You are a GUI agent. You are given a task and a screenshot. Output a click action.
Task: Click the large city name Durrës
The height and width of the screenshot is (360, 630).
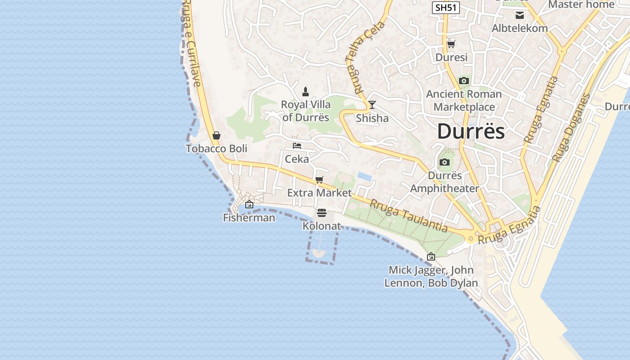[x=471, y=131]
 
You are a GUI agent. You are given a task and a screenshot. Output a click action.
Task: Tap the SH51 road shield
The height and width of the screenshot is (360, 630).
[x=445, y=8]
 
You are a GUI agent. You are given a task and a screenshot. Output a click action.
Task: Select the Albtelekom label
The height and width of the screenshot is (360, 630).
[x=519, y=28]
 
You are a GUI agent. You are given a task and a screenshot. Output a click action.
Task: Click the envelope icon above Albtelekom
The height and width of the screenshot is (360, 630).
[x=520, y=15]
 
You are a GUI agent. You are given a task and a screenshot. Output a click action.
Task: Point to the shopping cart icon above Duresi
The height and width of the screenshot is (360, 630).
[x=451, y=44]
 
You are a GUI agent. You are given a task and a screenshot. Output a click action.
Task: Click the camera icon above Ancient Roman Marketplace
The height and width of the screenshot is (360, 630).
[x=463, y=81]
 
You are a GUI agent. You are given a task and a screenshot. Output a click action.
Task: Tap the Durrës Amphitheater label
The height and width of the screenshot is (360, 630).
[x=444, y=182]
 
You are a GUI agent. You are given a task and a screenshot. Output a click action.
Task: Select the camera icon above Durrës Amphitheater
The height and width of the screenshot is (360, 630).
[x=444, y=162]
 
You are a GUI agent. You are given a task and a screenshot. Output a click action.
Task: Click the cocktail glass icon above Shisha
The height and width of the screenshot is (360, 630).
[x=372, y=105]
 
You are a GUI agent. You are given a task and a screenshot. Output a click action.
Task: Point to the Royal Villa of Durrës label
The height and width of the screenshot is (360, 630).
[x=306, y=111]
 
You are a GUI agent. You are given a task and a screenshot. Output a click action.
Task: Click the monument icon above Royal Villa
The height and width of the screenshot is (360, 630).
[x=306, y=92]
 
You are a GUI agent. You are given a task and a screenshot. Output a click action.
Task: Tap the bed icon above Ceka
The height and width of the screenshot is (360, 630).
[x=297, y=146]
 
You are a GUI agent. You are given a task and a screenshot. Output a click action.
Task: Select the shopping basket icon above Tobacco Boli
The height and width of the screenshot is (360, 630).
[x=216, y=135]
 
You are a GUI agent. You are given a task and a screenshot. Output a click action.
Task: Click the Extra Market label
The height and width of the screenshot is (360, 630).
[x=319, y=193]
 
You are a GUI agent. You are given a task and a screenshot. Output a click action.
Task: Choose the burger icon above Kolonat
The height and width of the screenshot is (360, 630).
[x=321, y=212]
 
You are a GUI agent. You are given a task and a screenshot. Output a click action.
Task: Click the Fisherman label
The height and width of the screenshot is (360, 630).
[x=249, y=218]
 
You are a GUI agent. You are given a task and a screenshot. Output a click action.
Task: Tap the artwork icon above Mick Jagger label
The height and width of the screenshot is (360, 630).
[x=431, y=256]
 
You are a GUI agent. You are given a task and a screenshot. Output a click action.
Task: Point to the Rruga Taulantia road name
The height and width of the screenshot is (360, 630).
[x=409, y=216]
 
